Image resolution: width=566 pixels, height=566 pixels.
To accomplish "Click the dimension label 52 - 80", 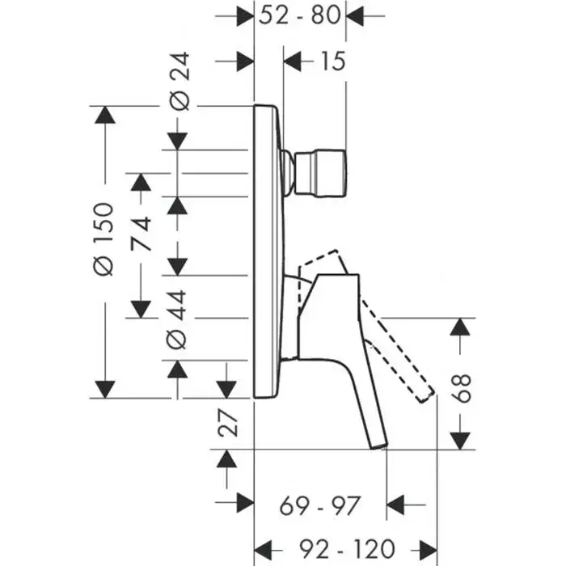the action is (300, 15).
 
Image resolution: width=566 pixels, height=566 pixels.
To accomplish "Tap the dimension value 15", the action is (333, 61).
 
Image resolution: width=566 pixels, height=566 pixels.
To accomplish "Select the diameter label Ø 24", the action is (180, 81).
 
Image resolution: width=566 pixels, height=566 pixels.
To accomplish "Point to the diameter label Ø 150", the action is (103, 239).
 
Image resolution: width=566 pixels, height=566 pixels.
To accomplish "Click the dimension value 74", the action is (141, 234).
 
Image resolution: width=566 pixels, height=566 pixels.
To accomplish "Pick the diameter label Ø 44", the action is (176, 319).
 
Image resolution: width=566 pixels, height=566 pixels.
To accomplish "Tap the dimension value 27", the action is (228, 424).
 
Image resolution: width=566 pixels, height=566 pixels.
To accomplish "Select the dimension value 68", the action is (462, 388).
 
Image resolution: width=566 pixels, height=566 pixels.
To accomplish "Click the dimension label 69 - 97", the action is (320, 505).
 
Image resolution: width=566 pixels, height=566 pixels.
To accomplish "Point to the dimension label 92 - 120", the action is (347, 549).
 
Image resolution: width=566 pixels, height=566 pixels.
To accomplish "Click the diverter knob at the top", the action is (320, 173).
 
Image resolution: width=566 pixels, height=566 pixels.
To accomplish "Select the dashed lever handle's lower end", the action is (425, 395).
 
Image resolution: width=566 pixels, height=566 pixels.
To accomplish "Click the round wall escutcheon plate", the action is (269, 251).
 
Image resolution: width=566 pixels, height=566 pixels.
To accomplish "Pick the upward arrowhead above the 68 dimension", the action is (460, 327).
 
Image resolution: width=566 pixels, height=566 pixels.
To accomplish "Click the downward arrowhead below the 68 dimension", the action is (460, 441).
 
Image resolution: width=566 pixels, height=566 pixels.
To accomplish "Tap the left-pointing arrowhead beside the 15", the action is (292, 61).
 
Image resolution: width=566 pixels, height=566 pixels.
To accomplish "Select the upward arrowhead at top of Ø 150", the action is (104, 115).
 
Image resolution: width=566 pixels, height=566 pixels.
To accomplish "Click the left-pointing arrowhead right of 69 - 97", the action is (395, 505).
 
